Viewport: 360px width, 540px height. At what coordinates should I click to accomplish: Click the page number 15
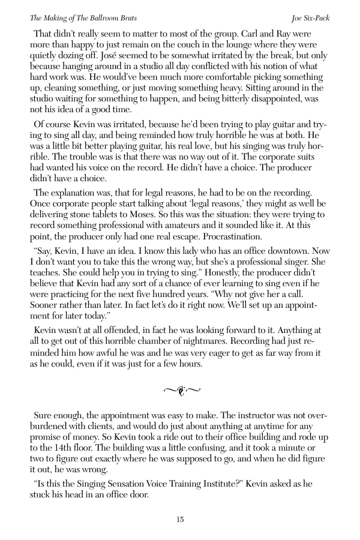[x=180, y=520]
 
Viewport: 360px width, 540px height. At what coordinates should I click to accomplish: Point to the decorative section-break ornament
[x=180, y=375]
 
